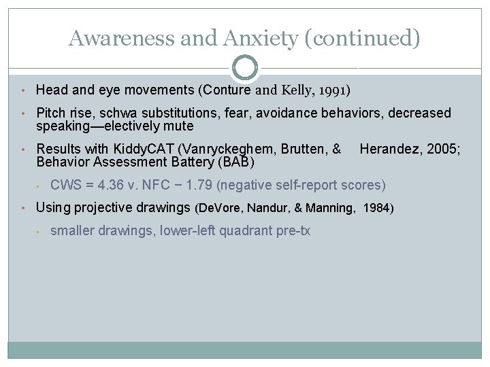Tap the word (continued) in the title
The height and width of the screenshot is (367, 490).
363,38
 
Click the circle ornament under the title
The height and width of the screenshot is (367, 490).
245,67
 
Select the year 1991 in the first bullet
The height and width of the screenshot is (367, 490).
333,90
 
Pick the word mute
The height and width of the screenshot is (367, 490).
180,126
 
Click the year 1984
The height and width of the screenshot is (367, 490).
377,208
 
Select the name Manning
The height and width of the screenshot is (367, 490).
331,208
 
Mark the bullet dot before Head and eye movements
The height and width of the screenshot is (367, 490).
23,90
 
